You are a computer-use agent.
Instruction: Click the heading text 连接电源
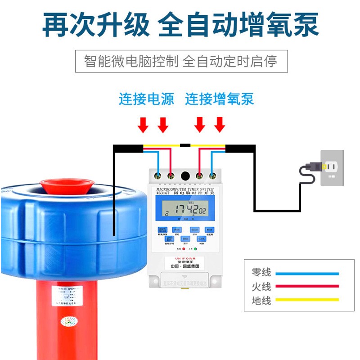point(146,99)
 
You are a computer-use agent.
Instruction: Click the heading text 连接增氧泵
point(220,99)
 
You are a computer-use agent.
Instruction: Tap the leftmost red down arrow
point(143,125)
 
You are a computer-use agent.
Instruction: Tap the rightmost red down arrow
point(220,125)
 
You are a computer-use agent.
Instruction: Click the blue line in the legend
point(307,273)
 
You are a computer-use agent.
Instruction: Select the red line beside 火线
point(307,286)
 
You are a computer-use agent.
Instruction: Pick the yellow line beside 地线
point(307,299)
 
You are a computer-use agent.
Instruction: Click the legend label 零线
point(261,273)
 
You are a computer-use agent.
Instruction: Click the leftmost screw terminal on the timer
point(158,175)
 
